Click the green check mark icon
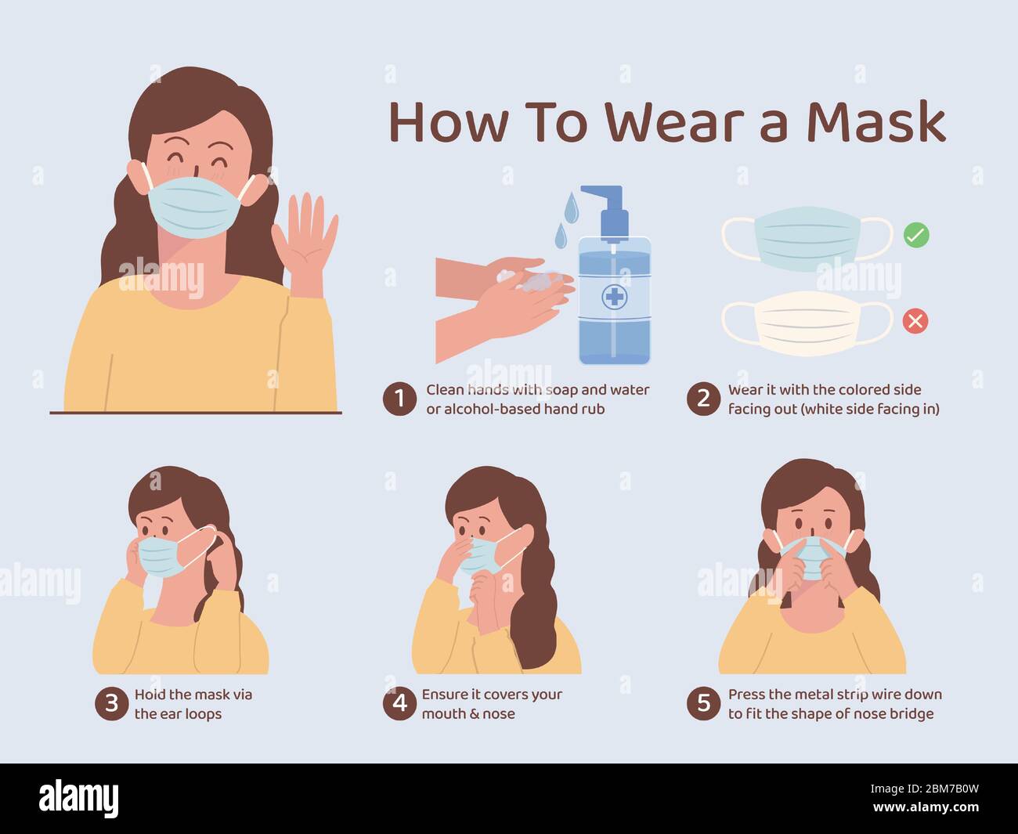pos(916,235)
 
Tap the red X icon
pos(915,321)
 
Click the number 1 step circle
pos(399,399)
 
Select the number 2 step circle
pos(703,399)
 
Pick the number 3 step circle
pos(111,704)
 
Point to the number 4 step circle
pos(399,704)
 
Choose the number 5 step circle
pos(703,704)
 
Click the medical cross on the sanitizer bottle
pos(615,296)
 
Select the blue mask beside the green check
pos(807,239)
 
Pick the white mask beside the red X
pos(807,324)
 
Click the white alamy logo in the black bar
pos(78,800)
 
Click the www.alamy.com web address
pos(926,807)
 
